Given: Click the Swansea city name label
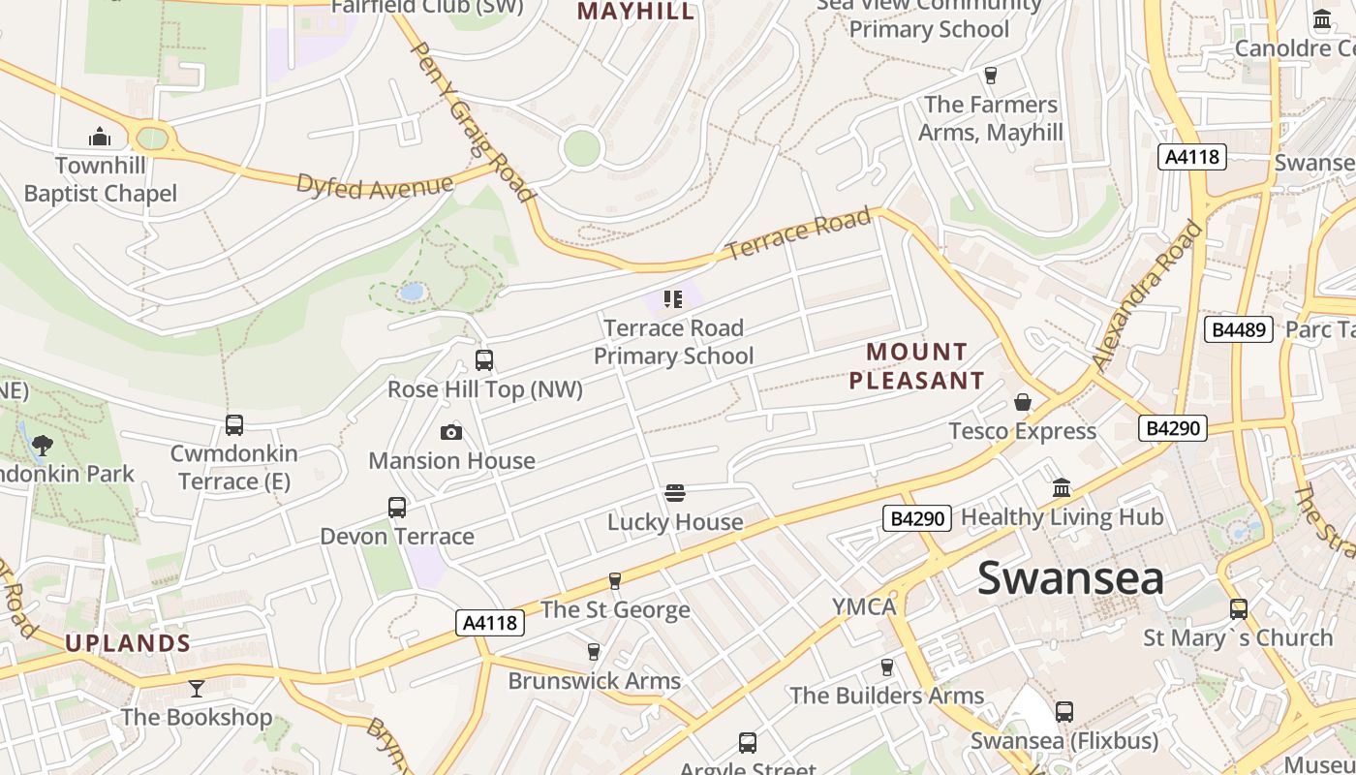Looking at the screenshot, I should click(x=1069, y=578).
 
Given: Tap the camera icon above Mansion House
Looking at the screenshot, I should click(x=451, y=432).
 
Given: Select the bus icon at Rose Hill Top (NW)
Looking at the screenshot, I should click(x=484, y=360).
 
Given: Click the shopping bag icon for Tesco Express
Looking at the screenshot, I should click(x=1023, y=402).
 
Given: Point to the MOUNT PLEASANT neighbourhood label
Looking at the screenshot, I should click(x=916, y=366).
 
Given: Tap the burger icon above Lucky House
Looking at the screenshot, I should click(x=675, y=493).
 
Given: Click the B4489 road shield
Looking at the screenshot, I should click(x=1238, y=329).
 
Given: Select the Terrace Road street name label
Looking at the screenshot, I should click(x=798, y=233).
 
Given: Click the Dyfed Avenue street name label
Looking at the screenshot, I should click(x=375, y=185).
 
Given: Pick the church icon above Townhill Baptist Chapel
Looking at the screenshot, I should click(x=100, y=137).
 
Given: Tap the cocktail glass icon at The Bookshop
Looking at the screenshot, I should click(x=197, y=689).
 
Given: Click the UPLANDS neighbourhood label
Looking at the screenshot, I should click(x=128, y=643).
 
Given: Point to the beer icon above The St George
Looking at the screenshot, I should click(x=614, y=581).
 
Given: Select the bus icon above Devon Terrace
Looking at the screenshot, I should click(x=397, y=508).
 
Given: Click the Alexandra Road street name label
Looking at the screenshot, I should click(x=1147, y=296).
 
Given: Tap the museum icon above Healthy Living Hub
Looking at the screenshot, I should click(x=1062, y=488).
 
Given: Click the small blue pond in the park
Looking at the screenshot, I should click(x=412, y=291).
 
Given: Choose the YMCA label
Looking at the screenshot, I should click(x=864, y=607).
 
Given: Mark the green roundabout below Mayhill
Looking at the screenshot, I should click(x=581, y=147).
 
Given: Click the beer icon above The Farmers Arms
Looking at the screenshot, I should click(x=990, y=76).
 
